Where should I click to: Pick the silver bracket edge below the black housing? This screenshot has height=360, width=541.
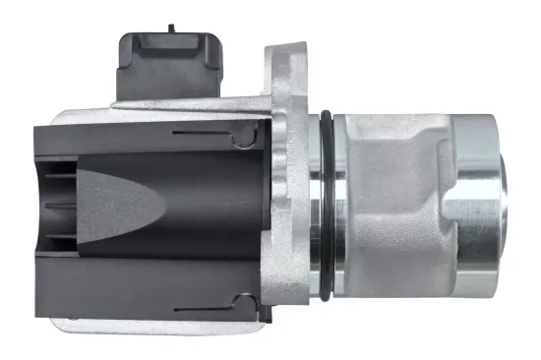pos(148,326)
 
